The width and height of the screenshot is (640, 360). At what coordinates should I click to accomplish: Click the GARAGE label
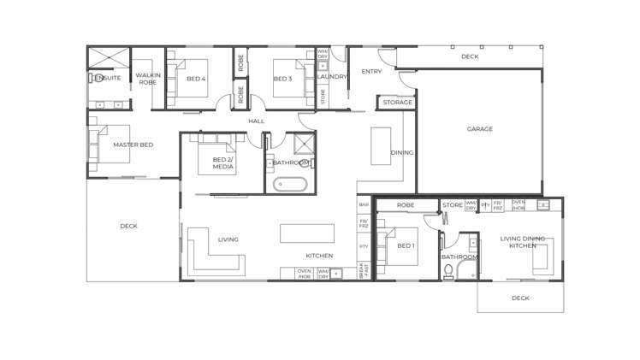coord(479,129)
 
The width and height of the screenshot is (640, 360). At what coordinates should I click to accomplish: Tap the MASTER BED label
coord(133,145)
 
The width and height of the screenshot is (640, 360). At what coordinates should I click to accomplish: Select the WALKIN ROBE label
coord(148,79)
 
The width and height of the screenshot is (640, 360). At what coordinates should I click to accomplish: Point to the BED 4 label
coord(196,79)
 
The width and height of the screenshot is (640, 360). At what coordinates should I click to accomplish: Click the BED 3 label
coord(282,79)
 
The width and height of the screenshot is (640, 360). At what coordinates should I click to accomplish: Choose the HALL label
coord(256,121)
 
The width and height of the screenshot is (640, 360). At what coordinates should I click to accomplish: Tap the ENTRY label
coord(371,72)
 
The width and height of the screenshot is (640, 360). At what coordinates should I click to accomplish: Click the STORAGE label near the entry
coord(397,103)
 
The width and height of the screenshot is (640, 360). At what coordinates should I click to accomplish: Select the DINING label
coord(402,153)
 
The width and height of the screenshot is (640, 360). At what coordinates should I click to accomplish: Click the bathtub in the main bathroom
coord(290,184)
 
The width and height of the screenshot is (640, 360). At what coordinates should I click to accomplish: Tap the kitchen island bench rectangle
coord(306,233)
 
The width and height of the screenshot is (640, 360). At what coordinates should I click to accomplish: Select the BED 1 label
coord(406,246)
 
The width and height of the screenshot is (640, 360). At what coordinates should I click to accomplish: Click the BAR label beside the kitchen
coord(364,205)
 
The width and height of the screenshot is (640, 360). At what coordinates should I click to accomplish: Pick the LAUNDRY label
coord(331,77)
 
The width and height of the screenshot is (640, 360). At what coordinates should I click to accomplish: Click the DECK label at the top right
coord(470,56)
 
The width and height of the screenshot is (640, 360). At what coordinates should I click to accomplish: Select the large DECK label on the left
coord(128,227)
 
